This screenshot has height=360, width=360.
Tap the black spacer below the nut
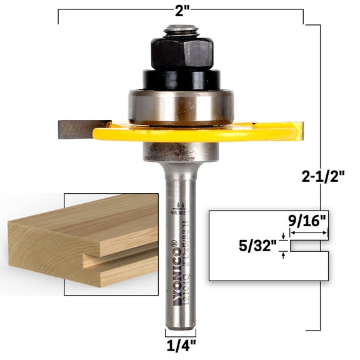pyautogui.click(x=181, y=79)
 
